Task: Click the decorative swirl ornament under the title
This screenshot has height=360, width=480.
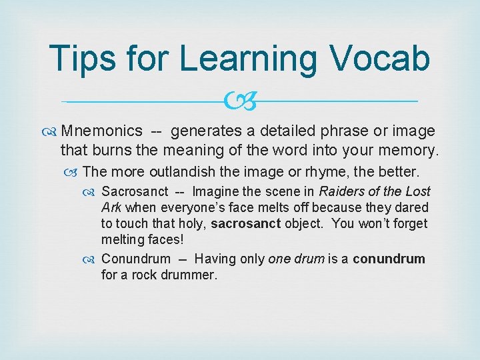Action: coord(239,101)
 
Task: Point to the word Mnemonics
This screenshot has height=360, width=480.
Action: coord(101,131)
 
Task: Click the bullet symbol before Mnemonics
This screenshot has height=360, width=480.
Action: coord(53,131)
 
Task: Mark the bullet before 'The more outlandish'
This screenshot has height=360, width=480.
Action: coord(75,173)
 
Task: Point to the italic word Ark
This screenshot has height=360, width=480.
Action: coord(111,208)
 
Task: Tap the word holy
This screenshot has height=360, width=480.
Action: coord(191,224)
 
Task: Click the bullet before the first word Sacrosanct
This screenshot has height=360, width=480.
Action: coord(93,192)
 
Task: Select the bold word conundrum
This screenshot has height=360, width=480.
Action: coord(389,259)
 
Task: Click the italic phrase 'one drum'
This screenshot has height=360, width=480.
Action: coord(295,259)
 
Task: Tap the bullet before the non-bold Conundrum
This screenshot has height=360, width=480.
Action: coord(93,259)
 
